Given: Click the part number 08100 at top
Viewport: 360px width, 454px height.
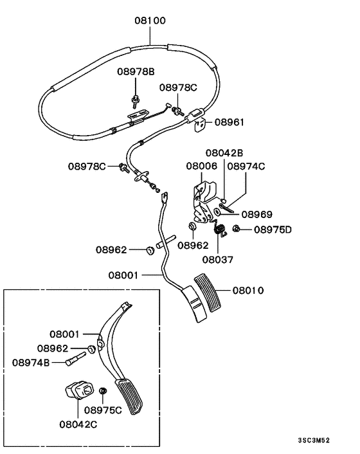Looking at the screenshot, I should point(150,20).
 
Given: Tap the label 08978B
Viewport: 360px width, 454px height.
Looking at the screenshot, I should point(135,71).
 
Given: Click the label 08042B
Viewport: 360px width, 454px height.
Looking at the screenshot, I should point(224,153).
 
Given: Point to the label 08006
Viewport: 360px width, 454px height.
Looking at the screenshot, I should point(202,166).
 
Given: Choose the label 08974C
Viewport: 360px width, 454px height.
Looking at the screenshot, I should point(246,166).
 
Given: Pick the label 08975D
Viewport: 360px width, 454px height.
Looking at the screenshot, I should point(273,229).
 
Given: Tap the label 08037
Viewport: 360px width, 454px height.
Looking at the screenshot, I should point(219,260).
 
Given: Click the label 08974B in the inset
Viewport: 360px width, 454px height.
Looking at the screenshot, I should point(31,362).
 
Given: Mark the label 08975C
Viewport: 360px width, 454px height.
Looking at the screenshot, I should point(103,410).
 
